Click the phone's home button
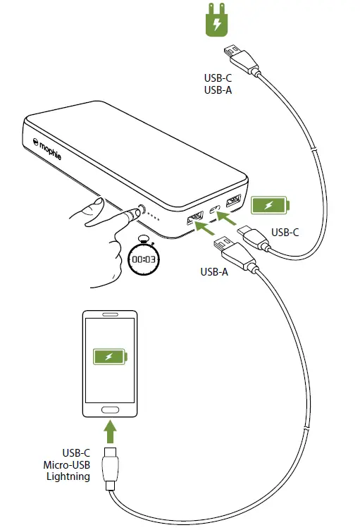108,409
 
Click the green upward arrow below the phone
108,430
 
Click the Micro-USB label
67,464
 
